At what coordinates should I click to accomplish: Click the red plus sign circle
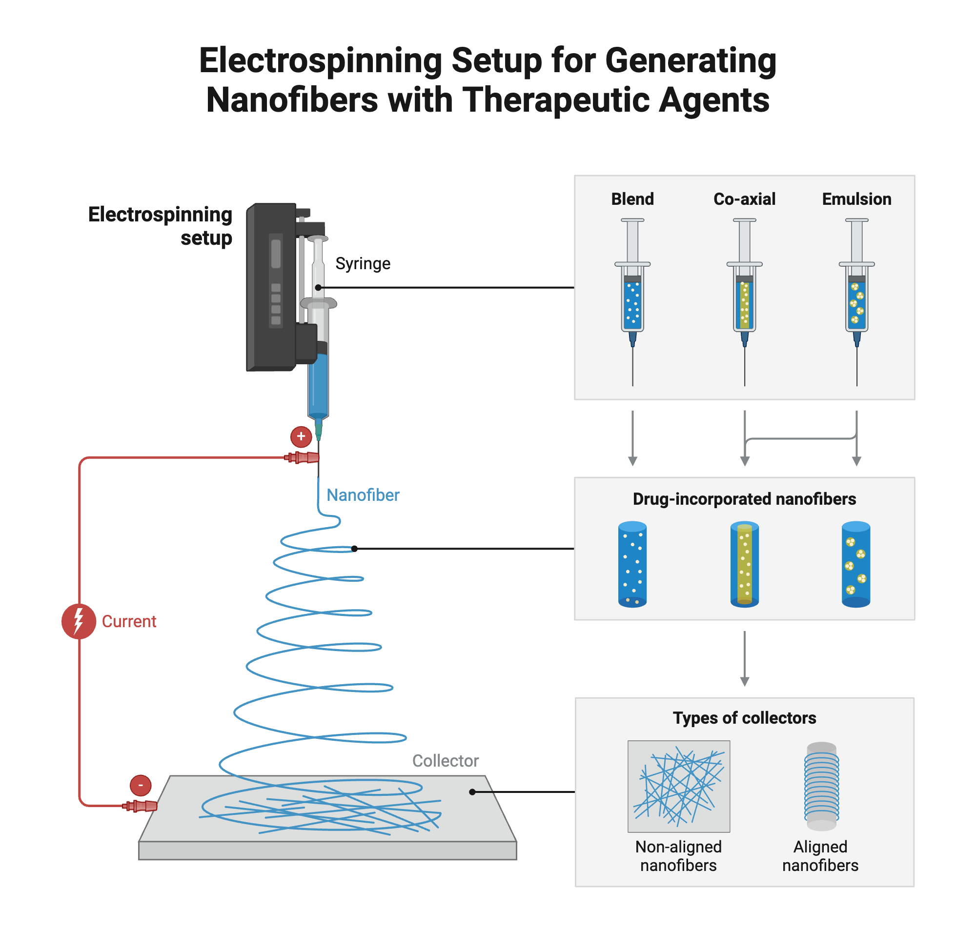(x=301, y=437)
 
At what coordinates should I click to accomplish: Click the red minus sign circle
(x=140, y=786)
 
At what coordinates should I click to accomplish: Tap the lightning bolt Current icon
(x=78, y=621)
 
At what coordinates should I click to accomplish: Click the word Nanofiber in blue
(x=363, y=495)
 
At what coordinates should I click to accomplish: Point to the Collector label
(x=445, y=761)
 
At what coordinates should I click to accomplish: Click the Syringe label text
(x=363, y=263)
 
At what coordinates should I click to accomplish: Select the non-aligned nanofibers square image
(x=678, y=787)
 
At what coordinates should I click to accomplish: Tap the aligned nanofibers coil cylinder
(x=821, y=787)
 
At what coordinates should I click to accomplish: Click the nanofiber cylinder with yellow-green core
(x=744, y=565)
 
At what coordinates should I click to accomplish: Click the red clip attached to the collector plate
(x=141, y=806)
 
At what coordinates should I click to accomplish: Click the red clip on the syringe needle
(x=302, y=457)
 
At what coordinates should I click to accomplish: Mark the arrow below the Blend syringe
(x=632, y=438)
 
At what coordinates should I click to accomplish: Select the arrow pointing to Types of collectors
(x=744, y=659)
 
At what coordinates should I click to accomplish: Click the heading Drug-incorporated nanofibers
(x=744, y=499)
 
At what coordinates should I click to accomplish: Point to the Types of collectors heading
(x=744, y=718)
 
